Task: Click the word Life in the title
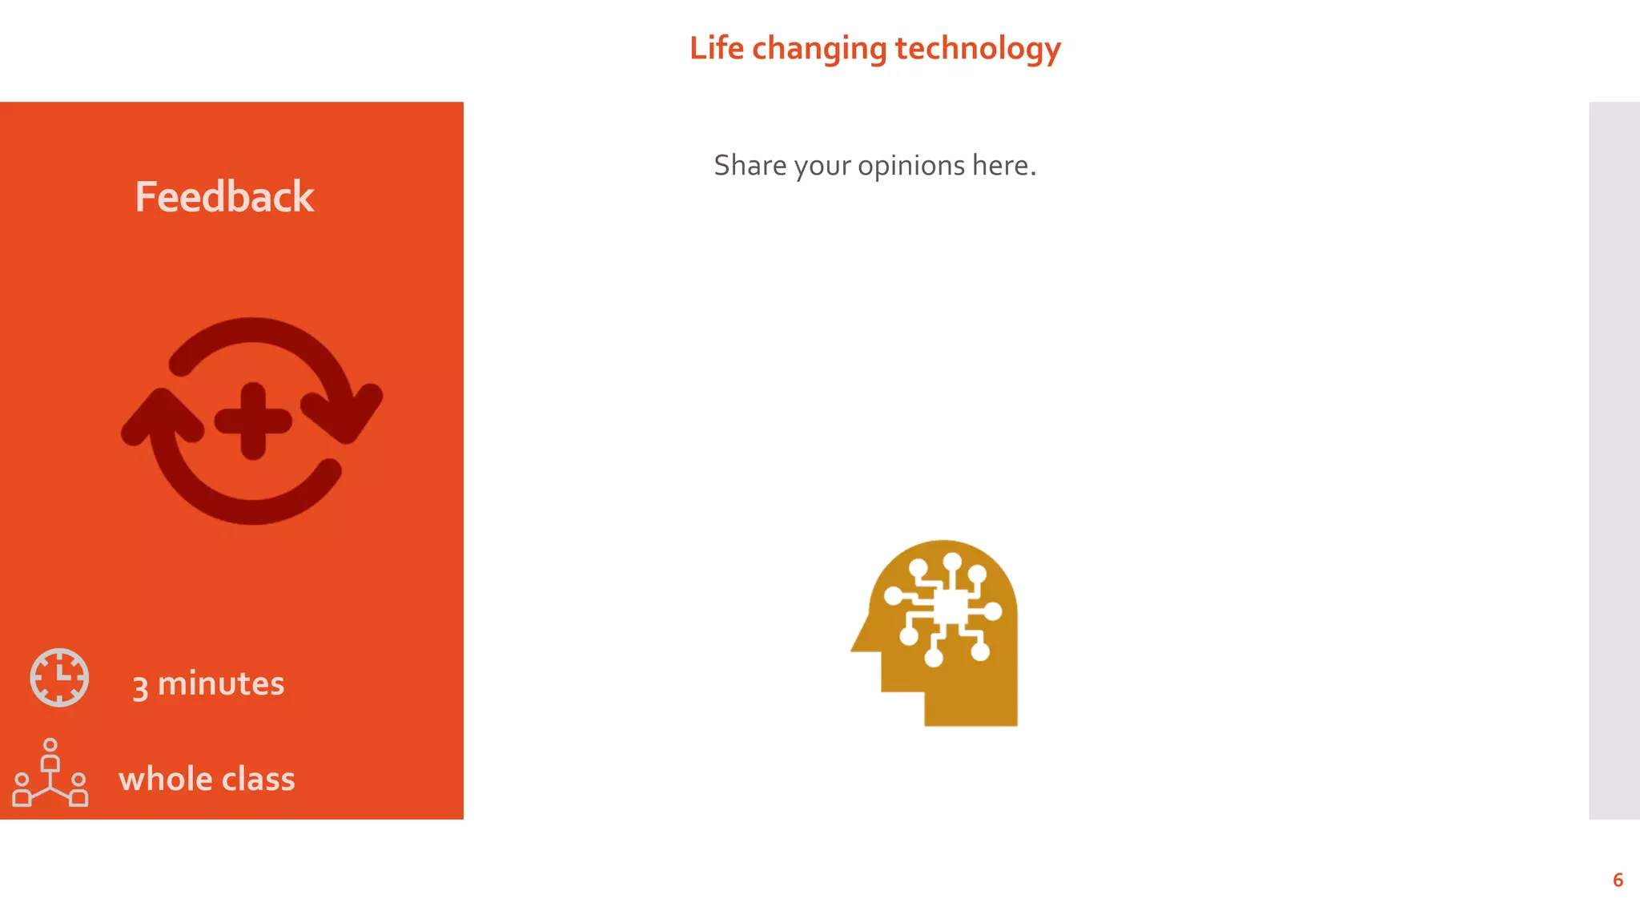717,48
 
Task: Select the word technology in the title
978,49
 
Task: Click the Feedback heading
224,197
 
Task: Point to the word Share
750,165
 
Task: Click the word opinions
911,166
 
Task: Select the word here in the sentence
1000,165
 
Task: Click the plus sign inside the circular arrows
253,421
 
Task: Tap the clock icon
59,678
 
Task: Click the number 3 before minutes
140,687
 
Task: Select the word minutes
221,683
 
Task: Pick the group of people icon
50,773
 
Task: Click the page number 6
1618,880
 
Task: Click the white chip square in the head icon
951,607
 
